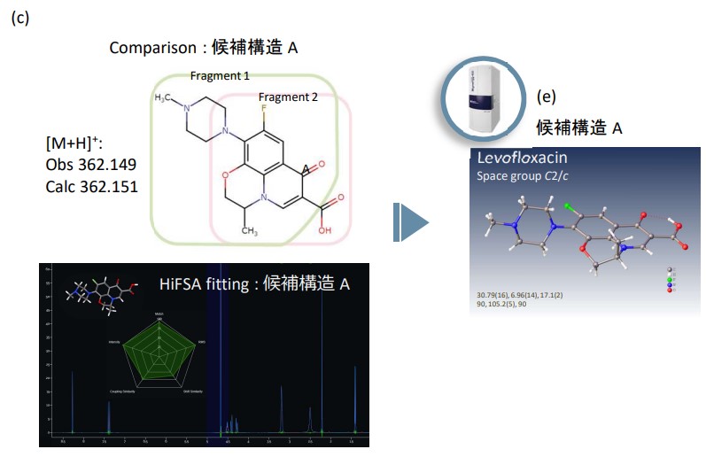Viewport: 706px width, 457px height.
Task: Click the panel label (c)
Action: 19,19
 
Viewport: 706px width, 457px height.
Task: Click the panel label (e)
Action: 547,97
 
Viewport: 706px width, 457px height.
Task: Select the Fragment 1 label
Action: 220,77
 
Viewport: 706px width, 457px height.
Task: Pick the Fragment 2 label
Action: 288,97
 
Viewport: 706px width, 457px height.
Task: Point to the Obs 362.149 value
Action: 91,166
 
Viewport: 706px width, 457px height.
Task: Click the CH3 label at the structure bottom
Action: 250,231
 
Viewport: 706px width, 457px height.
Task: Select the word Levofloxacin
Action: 523,159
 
